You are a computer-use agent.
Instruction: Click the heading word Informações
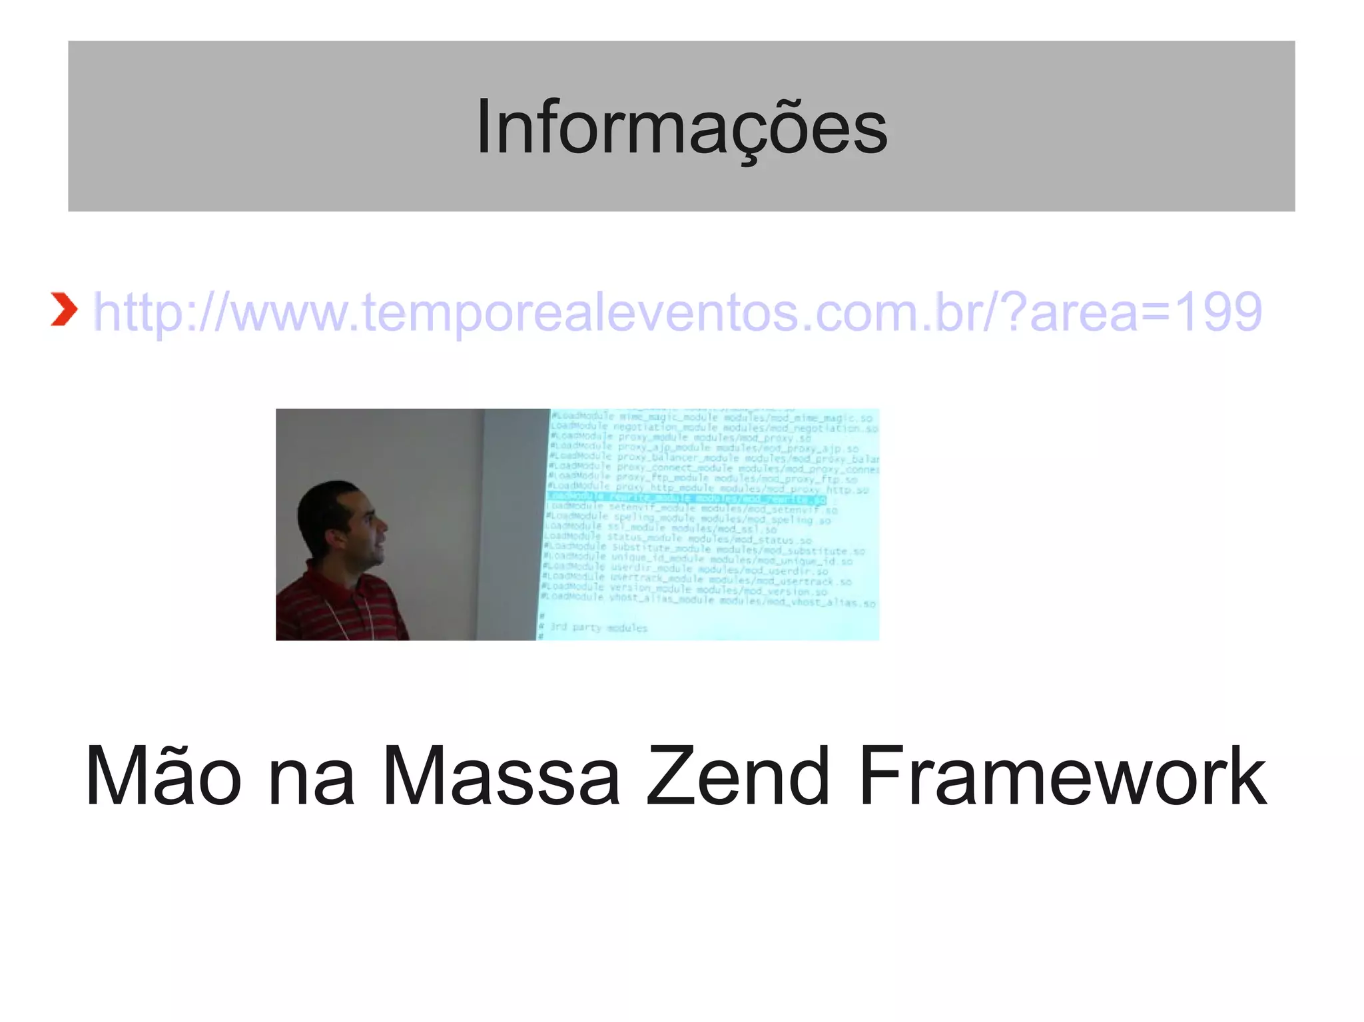[x=681, y=127]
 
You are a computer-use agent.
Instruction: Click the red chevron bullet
[x=64, y=310]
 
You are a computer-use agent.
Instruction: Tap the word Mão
[x=163, y=776]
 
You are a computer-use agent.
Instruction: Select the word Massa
[x=501, y=776]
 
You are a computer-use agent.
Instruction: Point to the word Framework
[x=1062, y=776]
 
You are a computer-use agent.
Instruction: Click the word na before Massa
[x=311, y=776]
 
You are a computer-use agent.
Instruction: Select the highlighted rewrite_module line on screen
[x=686, y=498]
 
